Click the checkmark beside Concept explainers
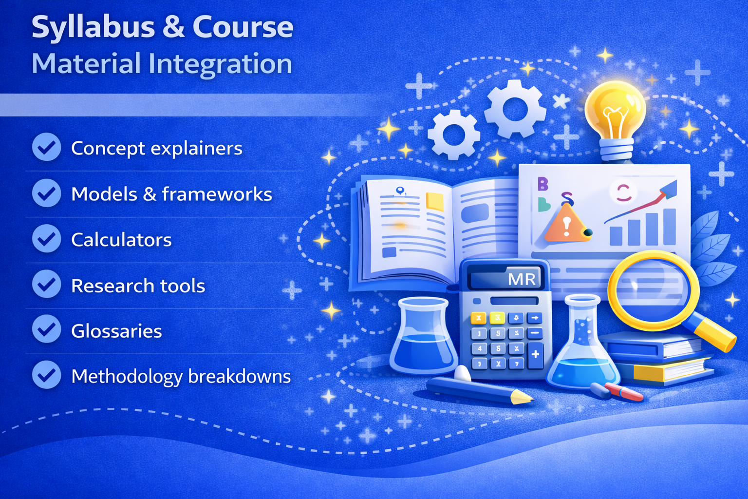pos(46,147)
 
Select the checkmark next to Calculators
pos(46,238)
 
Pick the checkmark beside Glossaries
pos(46,329)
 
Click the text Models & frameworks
pos(171,194)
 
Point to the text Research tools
pos(138,286)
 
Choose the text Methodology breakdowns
pos(181,377)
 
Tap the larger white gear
pos(516,109)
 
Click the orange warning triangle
pos(566,223)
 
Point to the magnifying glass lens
pos(653,291)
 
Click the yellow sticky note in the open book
pos(435,201)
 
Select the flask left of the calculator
pos(423,336)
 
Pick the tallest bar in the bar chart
pos(670,227)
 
